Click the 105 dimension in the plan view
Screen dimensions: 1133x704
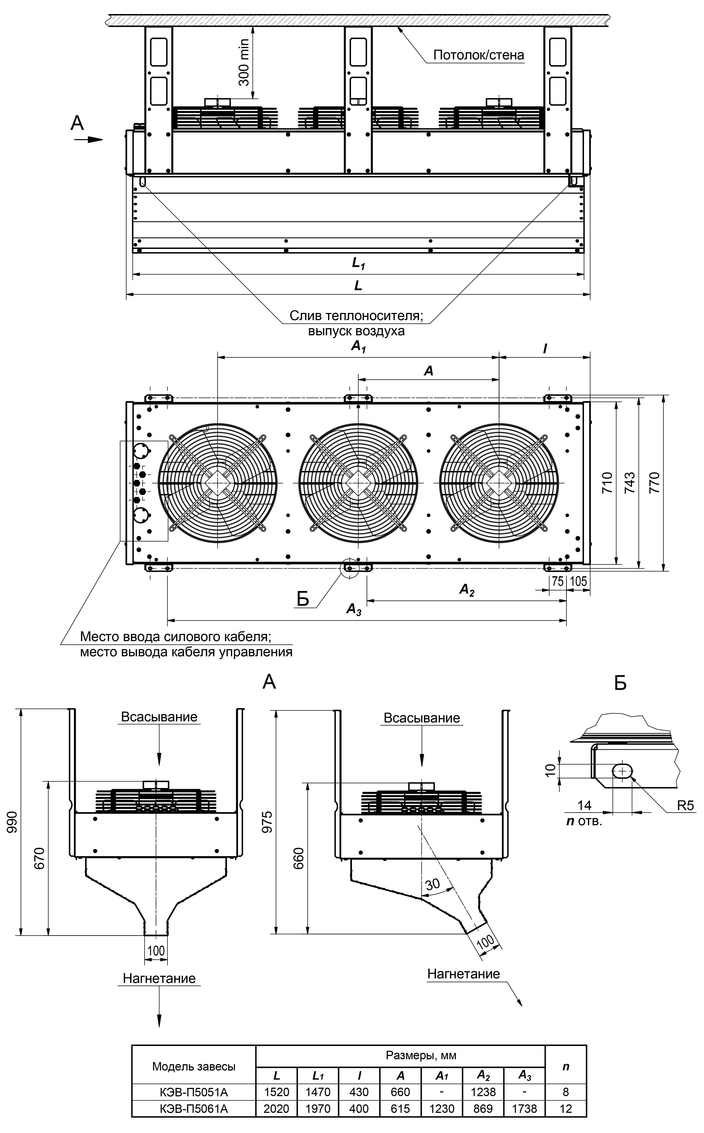578,581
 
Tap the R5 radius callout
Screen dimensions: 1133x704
685,805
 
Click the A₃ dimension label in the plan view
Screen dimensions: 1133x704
354,609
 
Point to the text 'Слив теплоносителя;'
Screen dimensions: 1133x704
356,316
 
